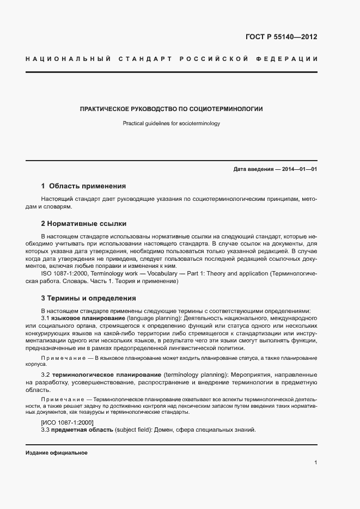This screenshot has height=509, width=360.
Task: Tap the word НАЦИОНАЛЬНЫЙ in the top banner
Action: pyautogui.click(x=69, y=58)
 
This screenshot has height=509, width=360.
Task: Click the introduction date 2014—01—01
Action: pyautogui.click(x=298, y=169)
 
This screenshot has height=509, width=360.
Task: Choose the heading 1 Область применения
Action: pyautogui.click(x=83, y=186)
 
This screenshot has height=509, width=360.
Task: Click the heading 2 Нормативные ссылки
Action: pyautogui.click(x=83, y=223)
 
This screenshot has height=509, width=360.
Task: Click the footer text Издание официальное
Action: pyautogui.click(x=57, y=453)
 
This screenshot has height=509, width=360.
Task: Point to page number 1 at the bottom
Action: pyautogui.click(x=315, y=463)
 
